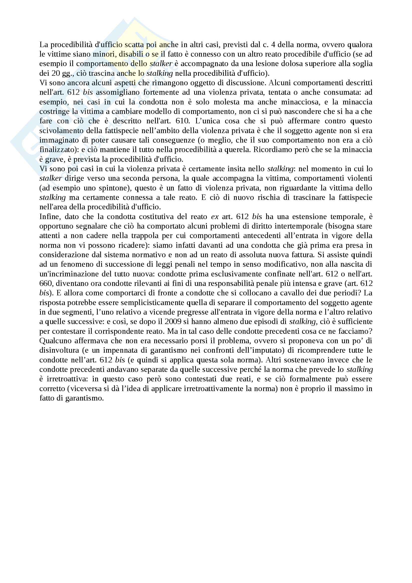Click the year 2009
173,322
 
